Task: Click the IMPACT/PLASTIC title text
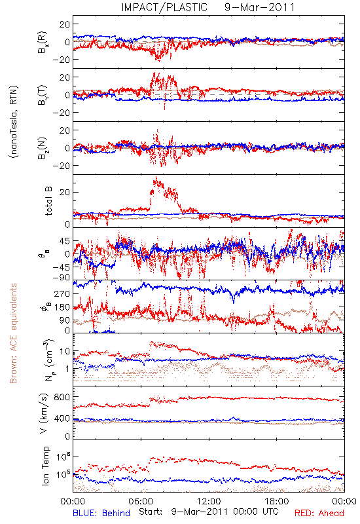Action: [x=164, y=7]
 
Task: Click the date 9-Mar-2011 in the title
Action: [x=259, y=7]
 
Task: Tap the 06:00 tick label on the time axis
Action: [x=141, y=501]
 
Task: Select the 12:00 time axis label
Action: [x=209, y=501]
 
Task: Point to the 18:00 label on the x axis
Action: [x=277, y=501]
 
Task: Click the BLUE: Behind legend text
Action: [x=101, y=513]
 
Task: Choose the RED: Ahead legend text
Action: [x=319, y=513]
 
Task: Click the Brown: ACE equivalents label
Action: [x=13, y=333]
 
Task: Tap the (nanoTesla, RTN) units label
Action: [x=14, y=121]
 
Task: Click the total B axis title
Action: [x=48, y=201]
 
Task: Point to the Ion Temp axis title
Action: [x=45, y=466]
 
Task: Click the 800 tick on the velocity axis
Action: [x=62, y=397]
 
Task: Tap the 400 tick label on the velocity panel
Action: [x=62, y=419]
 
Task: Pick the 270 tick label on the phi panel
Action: [x=62, y=293]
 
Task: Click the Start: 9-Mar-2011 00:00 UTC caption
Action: [x=209, y=512]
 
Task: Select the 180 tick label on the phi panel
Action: [x=62, y=307]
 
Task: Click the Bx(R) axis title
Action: [x=43, y=43]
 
